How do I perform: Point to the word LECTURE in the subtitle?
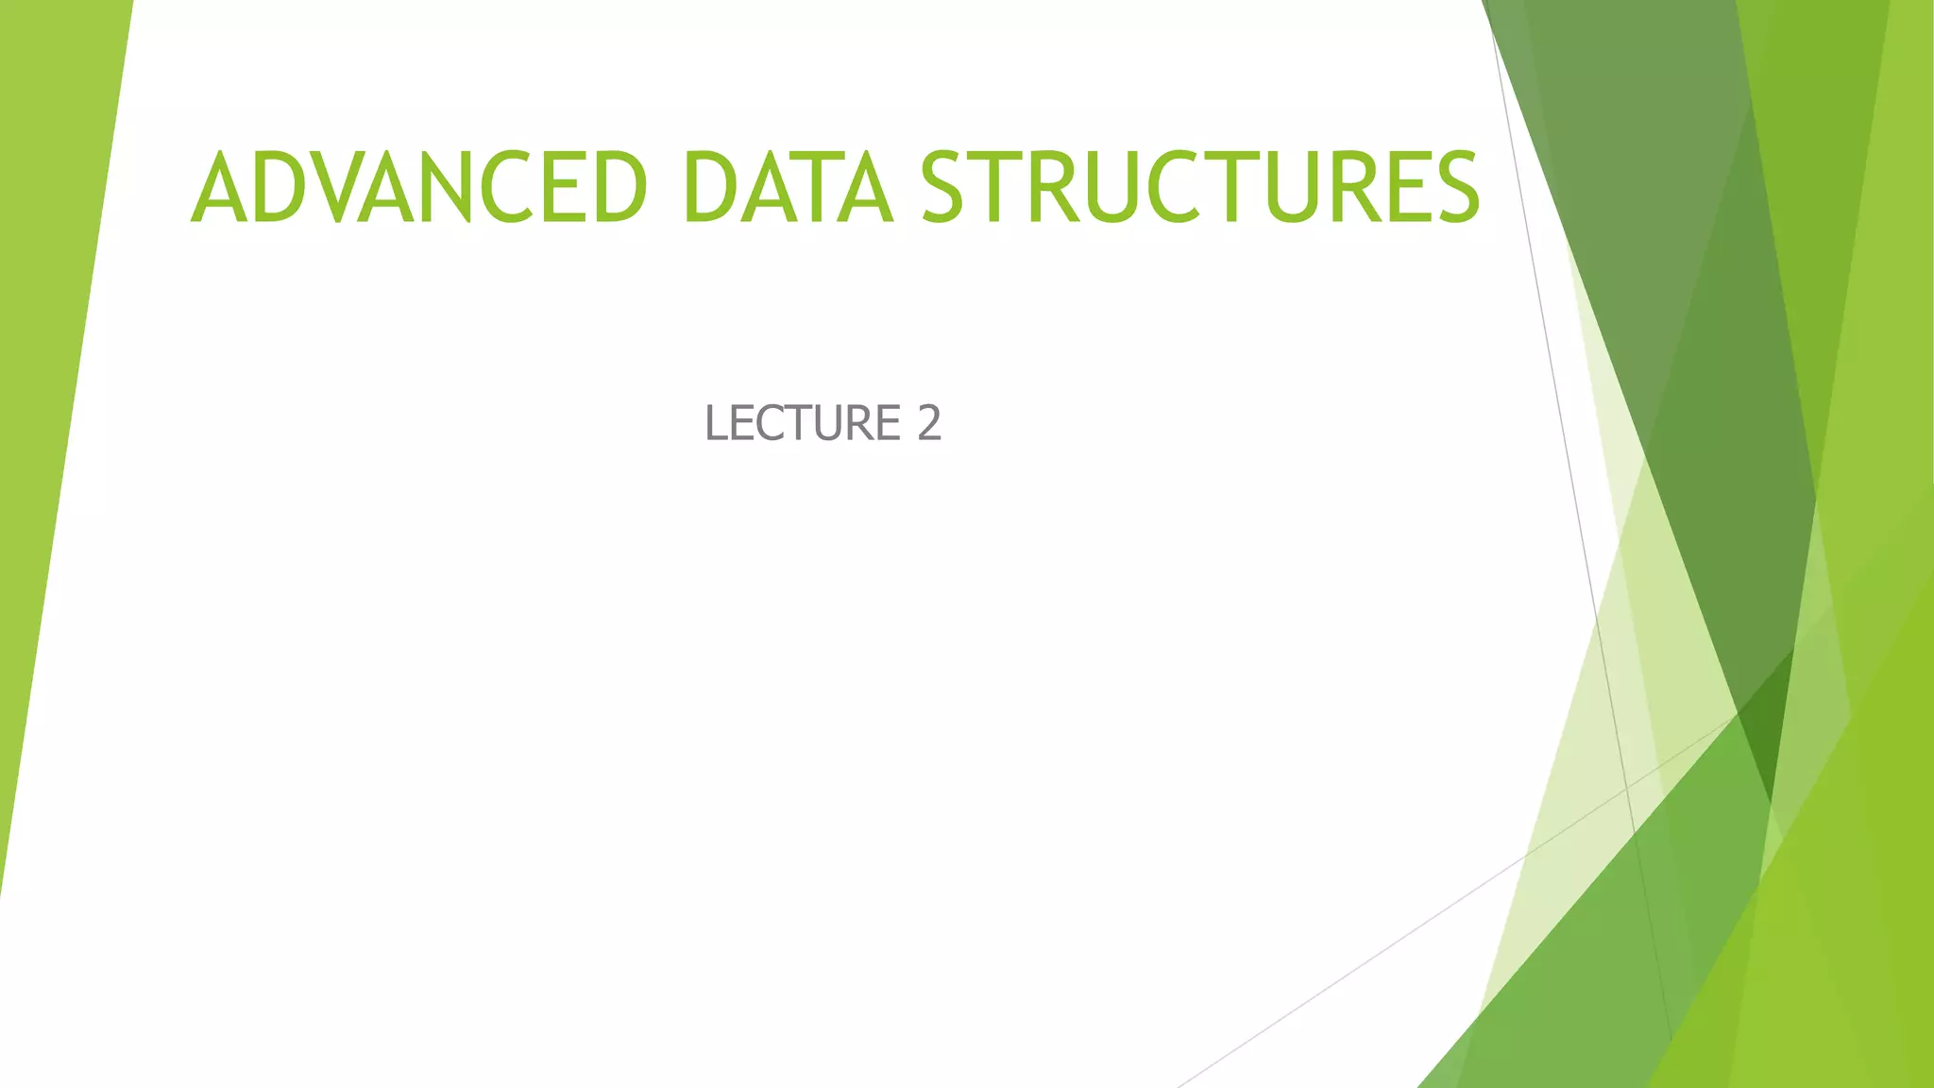coord(803,422)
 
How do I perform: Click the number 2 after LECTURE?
coord(929,422)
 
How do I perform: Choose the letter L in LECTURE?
coord(717,422)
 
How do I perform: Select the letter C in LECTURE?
coord(769,422)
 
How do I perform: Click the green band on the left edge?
coord(47,378)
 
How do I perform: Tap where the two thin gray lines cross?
coord(1627,786)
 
